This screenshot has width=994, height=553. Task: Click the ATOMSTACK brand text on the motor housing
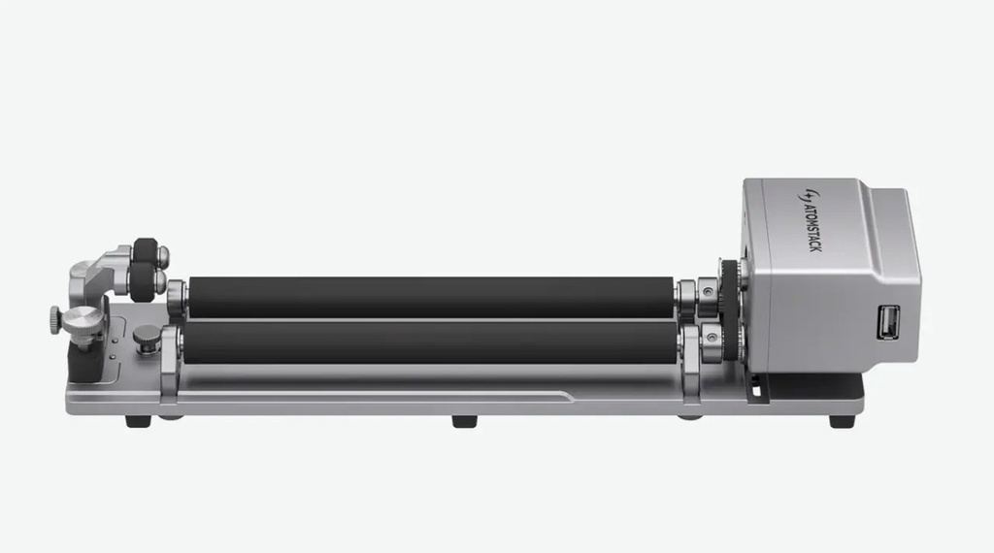[x=811, y=227]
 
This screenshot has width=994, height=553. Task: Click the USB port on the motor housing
[x=887, y=322]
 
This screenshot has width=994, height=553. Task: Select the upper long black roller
[x=431, y=297]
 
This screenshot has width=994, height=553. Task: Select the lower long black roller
[x=430, y=342]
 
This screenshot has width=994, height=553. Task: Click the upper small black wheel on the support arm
[x=146, y=252]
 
